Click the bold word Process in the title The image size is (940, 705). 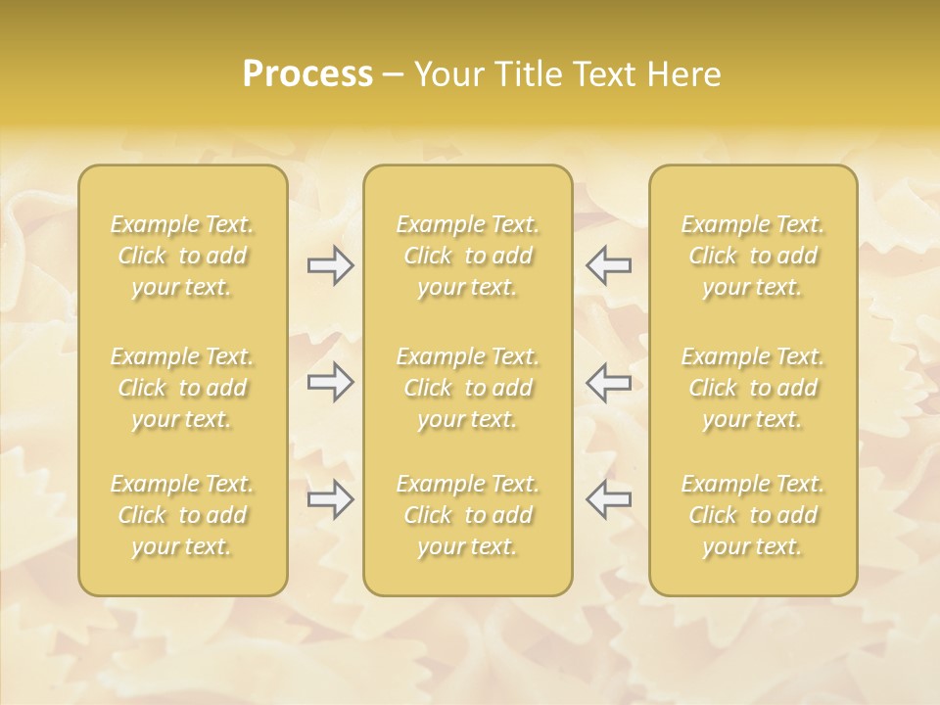point(307,74)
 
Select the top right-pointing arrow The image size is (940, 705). point(330,265)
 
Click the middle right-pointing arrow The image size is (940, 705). point(330,382)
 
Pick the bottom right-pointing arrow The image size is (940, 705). point(330,499)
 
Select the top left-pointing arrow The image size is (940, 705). point(609,265)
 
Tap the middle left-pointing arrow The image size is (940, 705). point(609,382)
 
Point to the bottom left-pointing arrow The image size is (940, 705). point(609,499)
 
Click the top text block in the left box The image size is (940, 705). point(182,256)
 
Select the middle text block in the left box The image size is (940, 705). point(182,388)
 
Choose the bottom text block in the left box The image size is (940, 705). point(182,515)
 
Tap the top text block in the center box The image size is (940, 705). point(468,256)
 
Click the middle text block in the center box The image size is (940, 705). point(468,388)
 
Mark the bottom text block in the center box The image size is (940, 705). point(468,515)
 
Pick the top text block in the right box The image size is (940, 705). point(753,256)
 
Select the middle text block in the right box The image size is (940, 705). point(753,388)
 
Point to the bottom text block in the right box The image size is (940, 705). point(753,515)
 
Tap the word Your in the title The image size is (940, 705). point(447,74)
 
